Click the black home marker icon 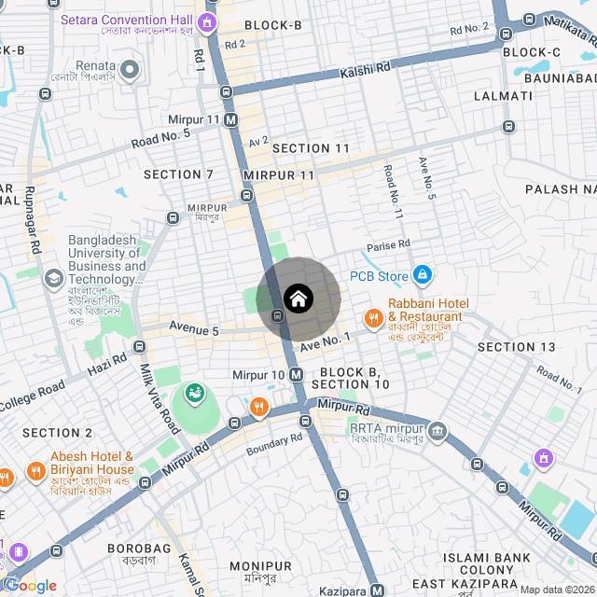tap(298, 299)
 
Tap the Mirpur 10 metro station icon tap(296, 374)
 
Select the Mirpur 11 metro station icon tap(230, 119)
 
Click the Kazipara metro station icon tap(377, 590)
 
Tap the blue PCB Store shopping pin tap(423, 275)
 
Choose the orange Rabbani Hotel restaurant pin tap(374, 318)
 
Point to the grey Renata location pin tap(130, 69)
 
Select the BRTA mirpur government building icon tap(438, 430)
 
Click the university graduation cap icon tap(54, 278)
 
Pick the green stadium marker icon tap(195, 395)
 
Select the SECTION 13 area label tap(516, 347)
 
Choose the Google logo tap(31, 585)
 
